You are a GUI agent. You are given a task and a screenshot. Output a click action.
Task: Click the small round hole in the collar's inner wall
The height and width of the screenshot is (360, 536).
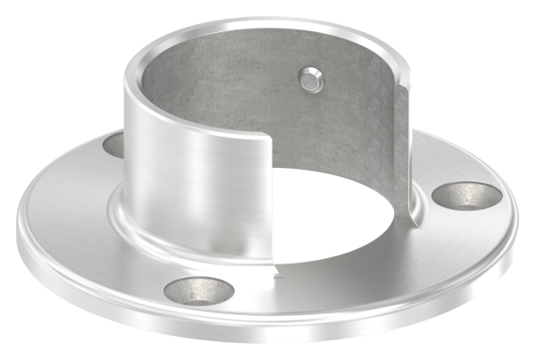click(x=309, y=80)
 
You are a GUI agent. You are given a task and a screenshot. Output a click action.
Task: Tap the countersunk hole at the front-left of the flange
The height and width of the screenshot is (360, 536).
click(x=200, y=289)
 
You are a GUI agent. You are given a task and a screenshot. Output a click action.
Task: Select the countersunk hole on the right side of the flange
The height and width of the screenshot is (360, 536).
click(x=466, y=194)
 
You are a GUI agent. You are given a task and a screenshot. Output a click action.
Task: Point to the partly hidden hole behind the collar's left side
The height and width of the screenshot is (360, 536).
click(x=113, y=143)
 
